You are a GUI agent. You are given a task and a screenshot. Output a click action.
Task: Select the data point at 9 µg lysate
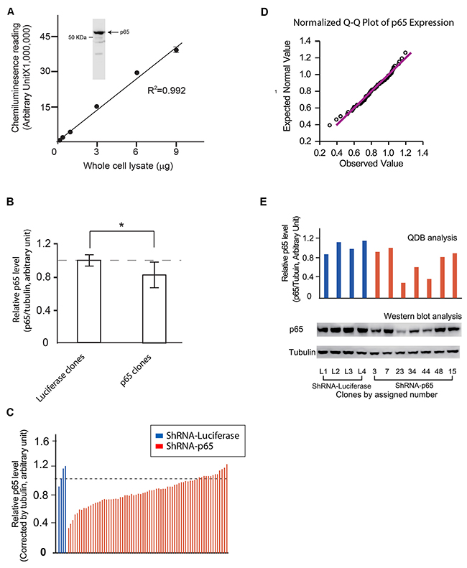tap(176, 50)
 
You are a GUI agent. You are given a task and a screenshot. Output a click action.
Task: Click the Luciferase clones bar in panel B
tap(90, 302)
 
